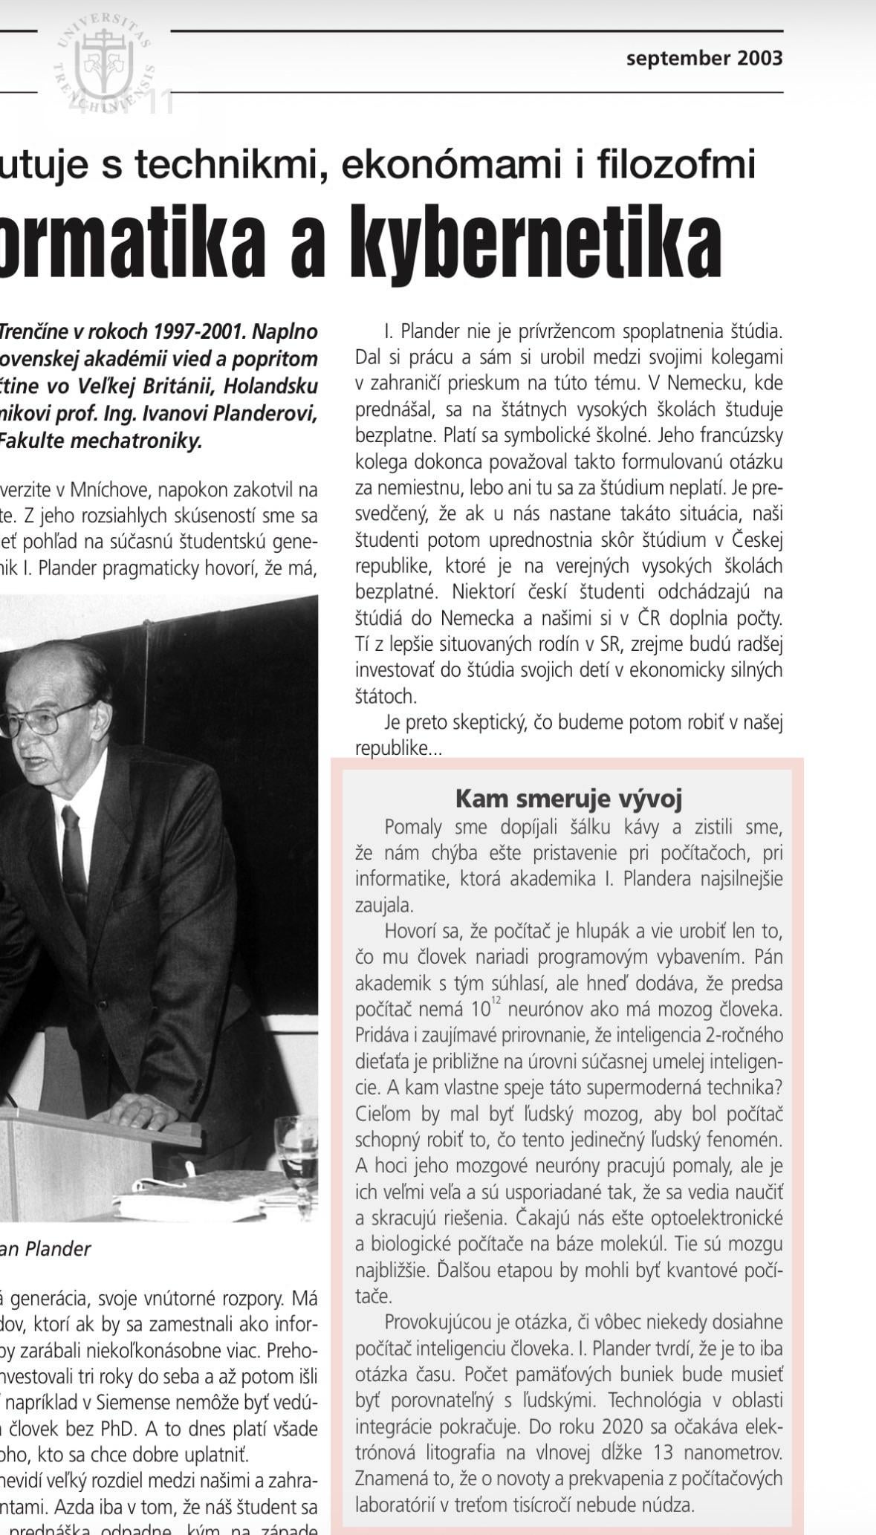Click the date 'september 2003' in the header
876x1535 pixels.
pos(704,58)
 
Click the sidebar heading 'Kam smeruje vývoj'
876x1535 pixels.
pos(568,798)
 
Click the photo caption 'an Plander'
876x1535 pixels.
pos(45,1248)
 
